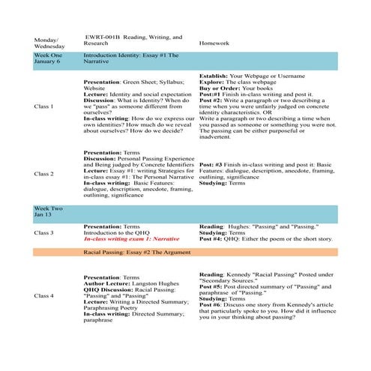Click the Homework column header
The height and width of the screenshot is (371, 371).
217,43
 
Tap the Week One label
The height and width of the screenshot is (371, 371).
49,56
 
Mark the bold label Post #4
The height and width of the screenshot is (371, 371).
212,239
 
